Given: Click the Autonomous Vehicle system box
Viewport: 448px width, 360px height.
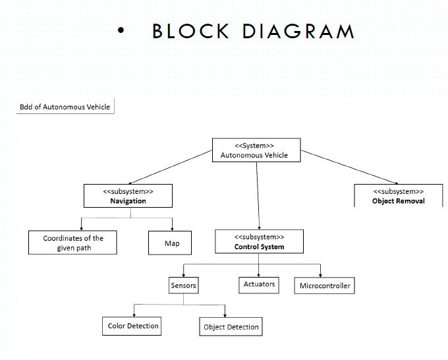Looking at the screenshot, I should pos(256,150).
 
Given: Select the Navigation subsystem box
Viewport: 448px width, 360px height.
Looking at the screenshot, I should pos(128,196).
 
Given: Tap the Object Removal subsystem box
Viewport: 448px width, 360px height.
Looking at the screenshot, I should pos(398,196).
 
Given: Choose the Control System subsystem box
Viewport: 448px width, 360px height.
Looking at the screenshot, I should pos(259,241).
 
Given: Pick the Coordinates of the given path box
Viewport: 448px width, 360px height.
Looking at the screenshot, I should pos(72,243).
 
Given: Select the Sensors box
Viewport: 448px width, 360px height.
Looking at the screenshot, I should pos(183,285).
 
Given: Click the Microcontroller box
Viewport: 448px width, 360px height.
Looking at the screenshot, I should pos(325,285).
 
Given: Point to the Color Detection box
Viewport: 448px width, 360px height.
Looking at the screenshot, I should pos(133,326).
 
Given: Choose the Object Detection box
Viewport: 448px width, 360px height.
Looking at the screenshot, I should pos(231,327).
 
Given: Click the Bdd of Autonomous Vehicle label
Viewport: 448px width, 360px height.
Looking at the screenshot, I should pos(65,107).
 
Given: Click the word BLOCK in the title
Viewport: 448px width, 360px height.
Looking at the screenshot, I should pos(190,32).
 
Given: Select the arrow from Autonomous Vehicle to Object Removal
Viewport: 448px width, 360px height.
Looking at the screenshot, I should pos(349,167).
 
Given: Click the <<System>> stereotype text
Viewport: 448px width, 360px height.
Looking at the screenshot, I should pos(254,145).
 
